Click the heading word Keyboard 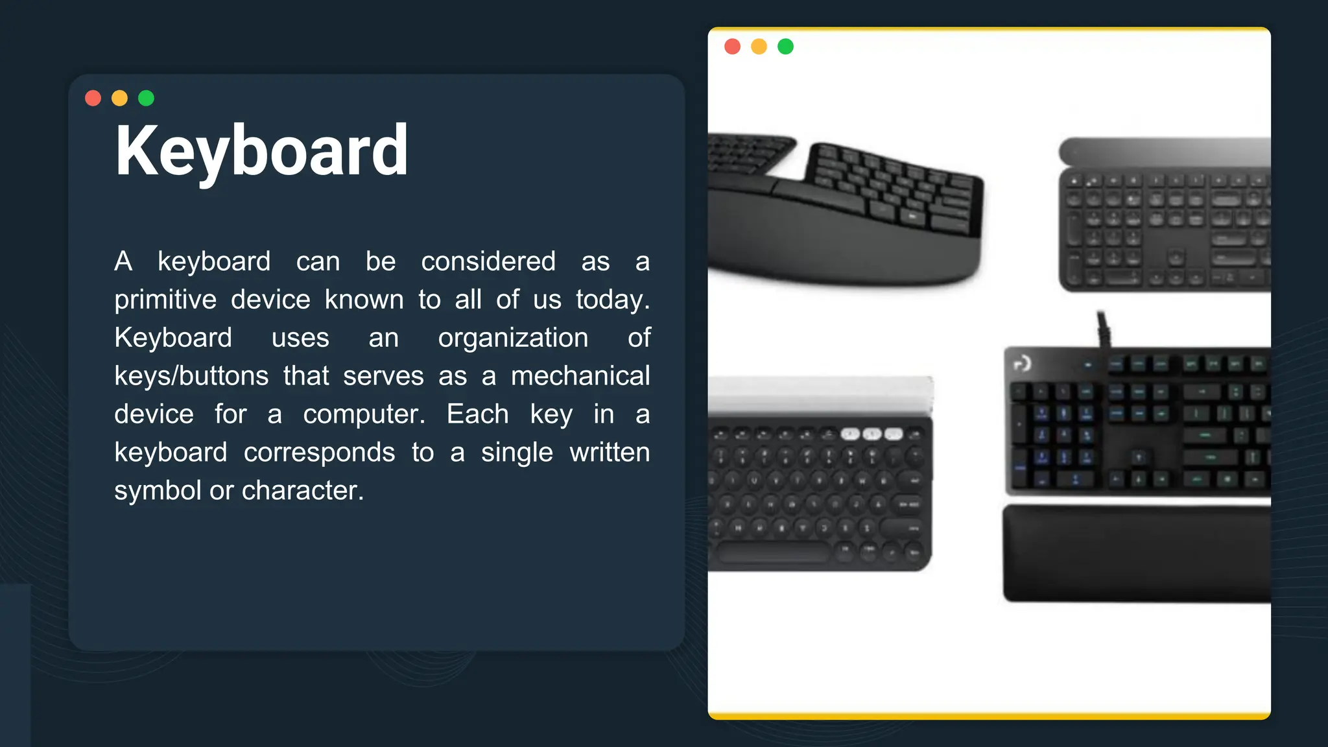(x=261, y=151)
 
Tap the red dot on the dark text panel (x=93, y=98)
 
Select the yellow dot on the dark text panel (x=120, y=98)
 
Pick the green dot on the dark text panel (x=147, y=98)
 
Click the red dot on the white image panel (x=733, y=47)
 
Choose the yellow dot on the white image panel (x=759, y=47)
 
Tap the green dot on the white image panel (x=786, y=47)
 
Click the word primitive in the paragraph (x=165, y=300)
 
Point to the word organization (x=513, y=338)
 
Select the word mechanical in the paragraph (x=580, y=376)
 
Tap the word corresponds (x=319, y=453)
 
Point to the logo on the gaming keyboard (x=1023, y=364)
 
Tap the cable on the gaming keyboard (x=1103, y=328)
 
